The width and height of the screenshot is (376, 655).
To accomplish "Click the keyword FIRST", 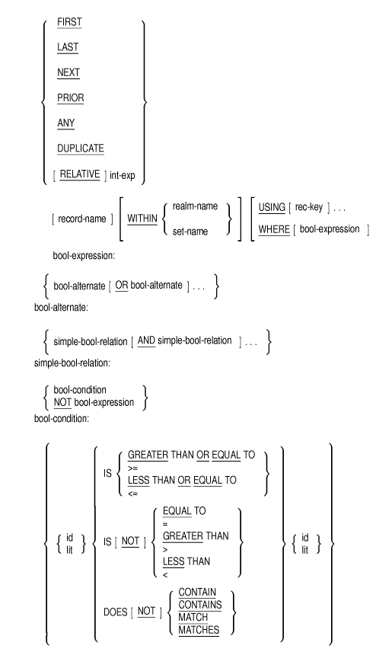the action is [x=69, y=22].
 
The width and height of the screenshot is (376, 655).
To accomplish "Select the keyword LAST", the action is [x=68, y=47].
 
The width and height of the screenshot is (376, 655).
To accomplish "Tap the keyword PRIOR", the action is [x=71, y=97].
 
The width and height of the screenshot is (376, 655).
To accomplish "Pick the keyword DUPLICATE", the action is [x=81, y=149].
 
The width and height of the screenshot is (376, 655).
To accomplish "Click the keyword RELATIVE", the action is [x=80, y=174].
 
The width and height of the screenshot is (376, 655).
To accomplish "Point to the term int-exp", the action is [x=123, y=175].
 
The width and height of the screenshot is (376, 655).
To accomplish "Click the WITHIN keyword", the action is [x=142, y=219].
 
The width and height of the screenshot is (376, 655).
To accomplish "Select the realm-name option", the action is [x=195, y=206].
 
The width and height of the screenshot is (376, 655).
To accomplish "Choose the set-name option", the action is [x=190, y=232].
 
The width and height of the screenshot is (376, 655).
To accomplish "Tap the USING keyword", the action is [x=272, y=207].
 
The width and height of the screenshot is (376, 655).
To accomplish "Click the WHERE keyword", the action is [x=274, y=229].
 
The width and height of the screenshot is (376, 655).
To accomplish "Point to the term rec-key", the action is [x=309, y=207].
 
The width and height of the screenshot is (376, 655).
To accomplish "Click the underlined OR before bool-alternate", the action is [x=122, y=286].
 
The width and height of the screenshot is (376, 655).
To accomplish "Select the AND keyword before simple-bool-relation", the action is [x=146, y=340].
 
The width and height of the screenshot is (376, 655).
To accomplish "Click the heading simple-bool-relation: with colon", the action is [x=72, y=363].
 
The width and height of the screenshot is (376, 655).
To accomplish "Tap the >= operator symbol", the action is [x=132, y=468].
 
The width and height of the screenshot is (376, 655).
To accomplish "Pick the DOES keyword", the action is [x=115, y=612].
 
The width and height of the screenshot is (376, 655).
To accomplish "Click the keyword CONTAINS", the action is [x=200, y=605].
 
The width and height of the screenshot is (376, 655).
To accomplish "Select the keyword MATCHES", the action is [x=199, y=630].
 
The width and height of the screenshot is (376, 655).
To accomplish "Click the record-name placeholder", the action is [x=81, y=219].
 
